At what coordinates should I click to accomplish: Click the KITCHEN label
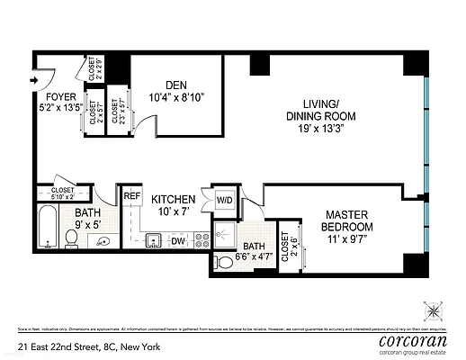coord(174,200)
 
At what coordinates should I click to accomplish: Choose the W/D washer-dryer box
coord(223,200)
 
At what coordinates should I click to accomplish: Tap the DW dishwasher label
coord(178,240)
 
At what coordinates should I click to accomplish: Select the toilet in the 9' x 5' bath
coord(72,238)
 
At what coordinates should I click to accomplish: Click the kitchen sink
coord(153,239)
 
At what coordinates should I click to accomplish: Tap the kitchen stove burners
coord(202,239)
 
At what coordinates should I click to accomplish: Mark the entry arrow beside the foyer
coord(34,79)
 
